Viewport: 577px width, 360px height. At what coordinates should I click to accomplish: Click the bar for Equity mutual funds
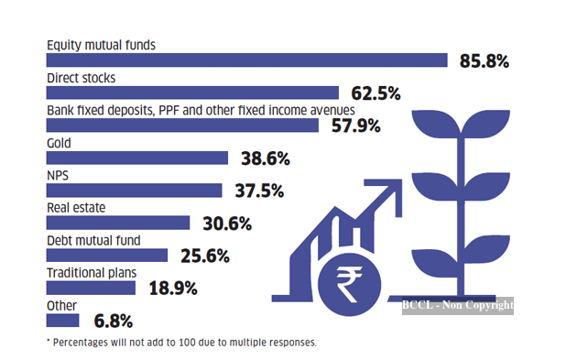246,60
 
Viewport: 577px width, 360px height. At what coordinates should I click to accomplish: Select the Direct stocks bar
192,93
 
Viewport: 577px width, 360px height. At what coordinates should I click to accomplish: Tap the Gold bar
136,158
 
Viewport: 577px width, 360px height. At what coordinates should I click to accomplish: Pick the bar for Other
62,321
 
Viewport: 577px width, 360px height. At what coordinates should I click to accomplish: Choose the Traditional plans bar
91,288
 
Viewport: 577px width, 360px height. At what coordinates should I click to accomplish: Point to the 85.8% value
484,60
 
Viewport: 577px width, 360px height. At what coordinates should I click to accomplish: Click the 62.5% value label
376,93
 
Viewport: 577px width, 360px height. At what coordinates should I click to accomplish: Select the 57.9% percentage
356,125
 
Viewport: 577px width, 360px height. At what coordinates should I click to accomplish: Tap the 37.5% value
259,191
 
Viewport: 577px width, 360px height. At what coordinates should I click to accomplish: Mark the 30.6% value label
227,224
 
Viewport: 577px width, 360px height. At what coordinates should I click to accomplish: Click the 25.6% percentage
205,256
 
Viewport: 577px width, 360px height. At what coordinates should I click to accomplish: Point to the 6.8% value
114,321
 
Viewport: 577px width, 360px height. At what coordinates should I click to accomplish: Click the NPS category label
58,175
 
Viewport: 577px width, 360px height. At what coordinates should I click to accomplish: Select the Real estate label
76,208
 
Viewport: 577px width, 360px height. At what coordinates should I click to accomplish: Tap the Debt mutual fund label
93,240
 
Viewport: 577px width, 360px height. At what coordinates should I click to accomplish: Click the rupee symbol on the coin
349,284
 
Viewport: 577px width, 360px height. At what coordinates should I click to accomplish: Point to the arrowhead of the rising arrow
390,191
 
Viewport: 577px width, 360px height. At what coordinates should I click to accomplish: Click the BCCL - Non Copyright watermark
458,306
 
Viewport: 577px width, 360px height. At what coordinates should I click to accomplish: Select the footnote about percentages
181,343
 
